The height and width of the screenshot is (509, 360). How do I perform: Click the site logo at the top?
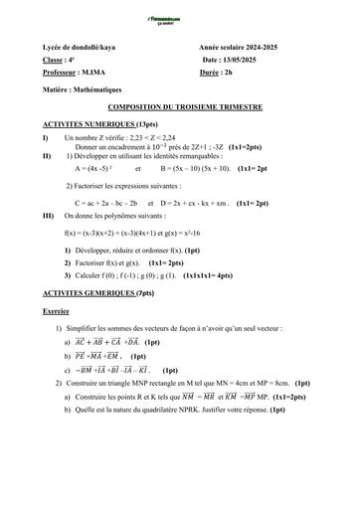(x=180, y=21)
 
